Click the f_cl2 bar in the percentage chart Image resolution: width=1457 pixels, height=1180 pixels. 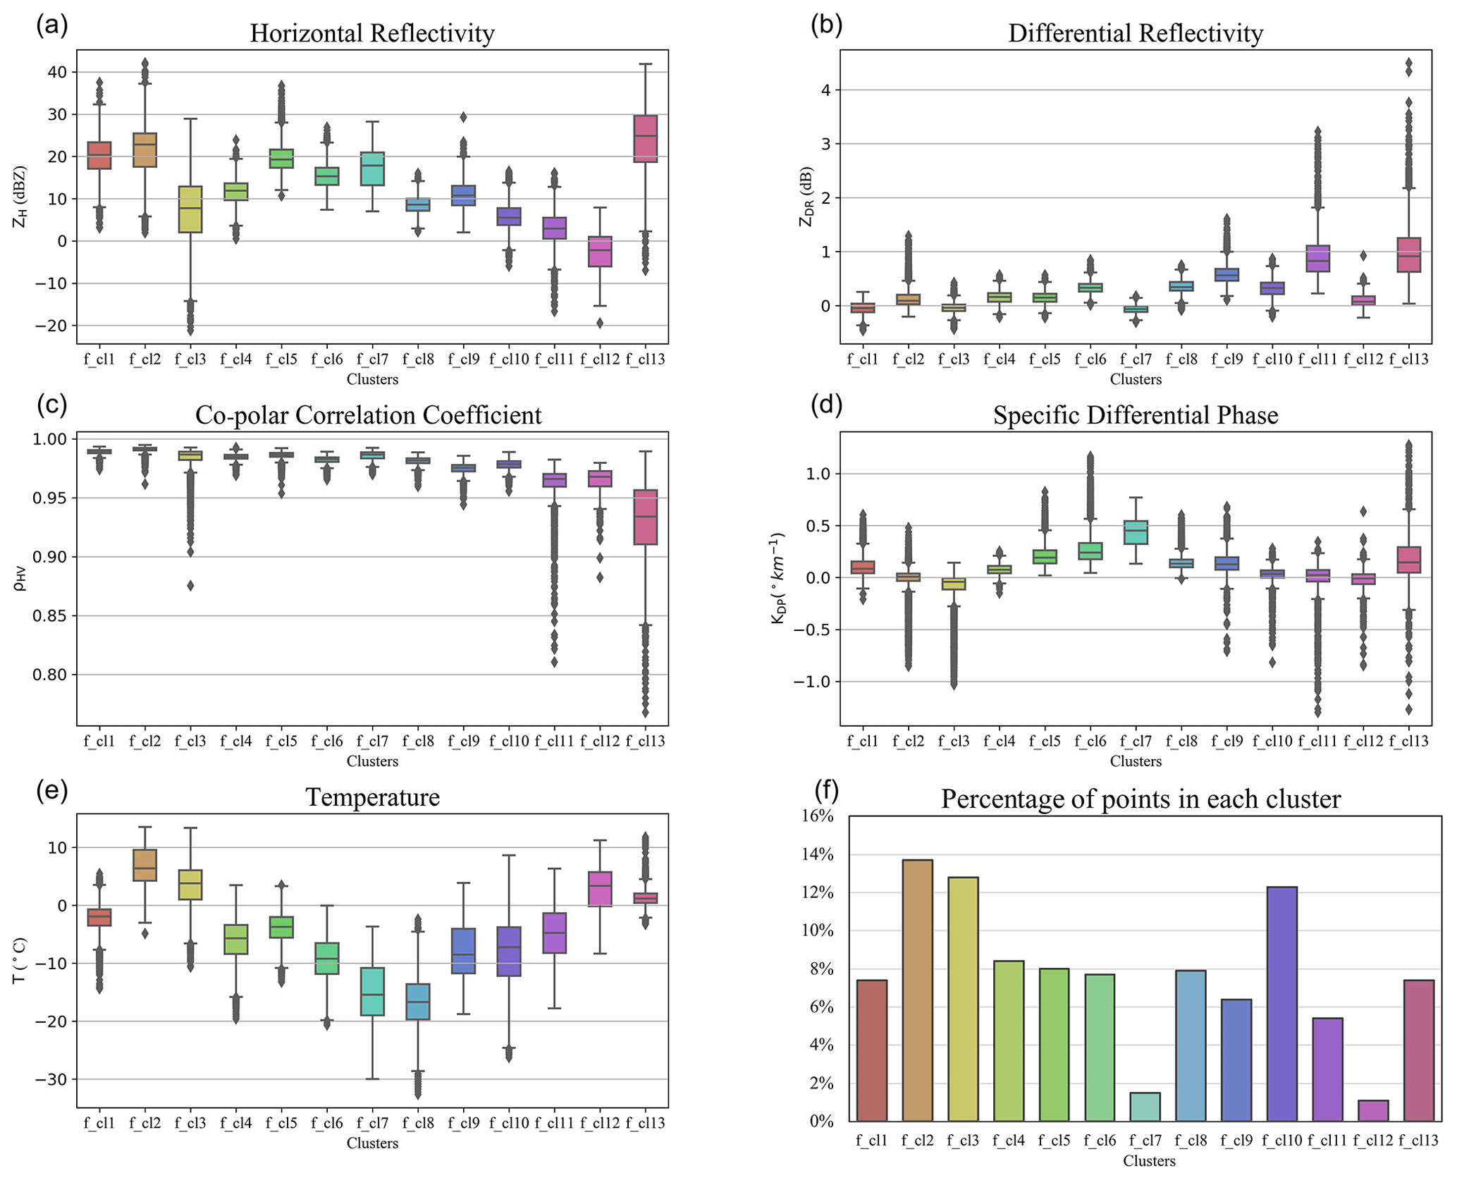[917, 990]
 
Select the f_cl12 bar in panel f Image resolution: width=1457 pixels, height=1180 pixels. [1372, 1110]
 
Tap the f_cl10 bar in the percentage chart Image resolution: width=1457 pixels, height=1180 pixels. [1281, 1004]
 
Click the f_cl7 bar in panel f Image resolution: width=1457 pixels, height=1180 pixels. [1145, 1107]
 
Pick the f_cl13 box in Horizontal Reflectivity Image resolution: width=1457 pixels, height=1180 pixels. [646, 139]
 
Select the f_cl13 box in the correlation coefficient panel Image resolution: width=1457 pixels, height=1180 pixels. [646, 517]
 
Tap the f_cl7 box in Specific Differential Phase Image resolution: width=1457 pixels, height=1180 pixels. [1136, 532]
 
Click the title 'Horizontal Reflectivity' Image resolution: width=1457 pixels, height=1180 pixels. [372, 33]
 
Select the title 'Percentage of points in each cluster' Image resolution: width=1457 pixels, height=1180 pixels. [1141, 799]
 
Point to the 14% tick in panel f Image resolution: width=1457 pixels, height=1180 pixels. [820, 855]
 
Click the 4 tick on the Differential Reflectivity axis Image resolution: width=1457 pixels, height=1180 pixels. [825, 90]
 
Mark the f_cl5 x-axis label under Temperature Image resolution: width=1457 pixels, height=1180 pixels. [281, 1123]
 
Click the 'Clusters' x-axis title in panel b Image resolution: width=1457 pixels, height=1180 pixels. [1136, 380]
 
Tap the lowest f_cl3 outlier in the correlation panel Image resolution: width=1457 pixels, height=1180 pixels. [190, 585]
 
